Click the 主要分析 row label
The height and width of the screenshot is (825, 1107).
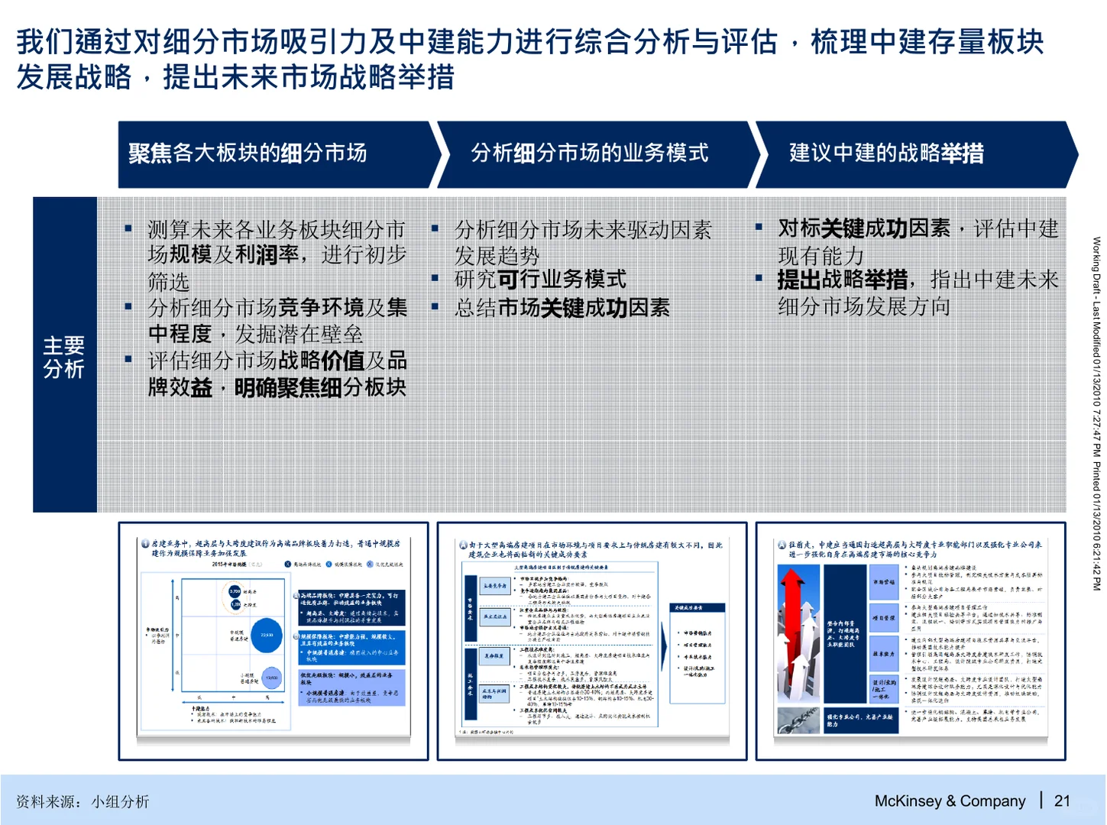click(64, 357)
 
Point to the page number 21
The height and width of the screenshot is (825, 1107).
click(1062, 801)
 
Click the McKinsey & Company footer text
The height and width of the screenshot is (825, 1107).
click(950, 801)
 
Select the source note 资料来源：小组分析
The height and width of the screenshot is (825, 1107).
click(83, 801)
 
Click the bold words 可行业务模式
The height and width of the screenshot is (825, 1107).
click(562, 280)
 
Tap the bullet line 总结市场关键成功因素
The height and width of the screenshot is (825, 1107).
click(562, 308)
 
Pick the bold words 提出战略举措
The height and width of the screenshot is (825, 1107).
click(843, 280)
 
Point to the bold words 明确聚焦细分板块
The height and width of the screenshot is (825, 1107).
click(319, 387)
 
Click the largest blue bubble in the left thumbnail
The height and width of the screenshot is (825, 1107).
click(267, 636)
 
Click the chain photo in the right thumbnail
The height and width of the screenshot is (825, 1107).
click(798, 720)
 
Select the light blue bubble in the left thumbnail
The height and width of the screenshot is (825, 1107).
click(272, 678)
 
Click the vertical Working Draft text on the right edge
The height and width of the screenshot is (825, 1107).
click(1096, 412)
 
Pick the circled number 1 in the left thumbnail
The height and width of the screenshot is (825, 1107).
click(145, 544)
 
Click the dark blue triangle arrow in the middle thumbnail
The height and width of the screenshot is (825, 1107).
click(663, 633)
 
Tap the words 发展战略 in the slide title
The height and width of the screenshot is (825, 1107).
click(74, 77)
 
